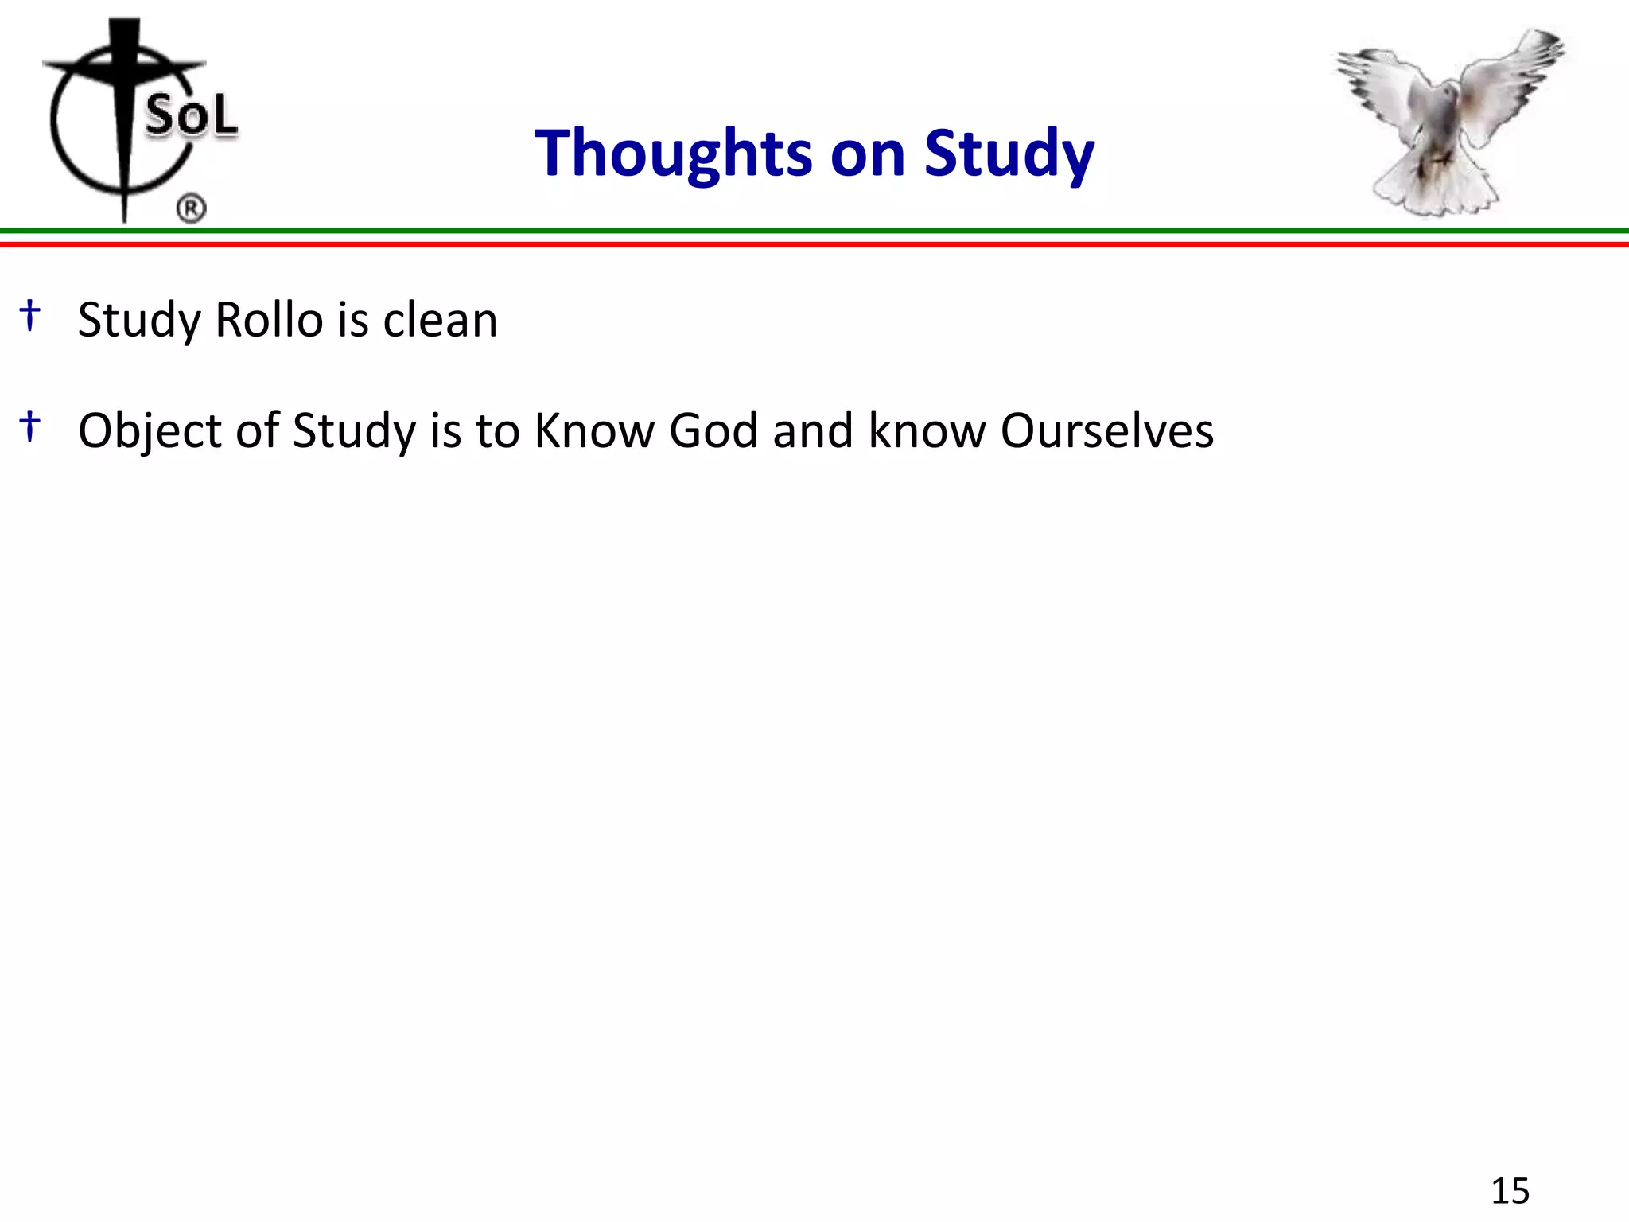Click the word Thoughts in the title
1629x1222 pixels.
tap(673, 154)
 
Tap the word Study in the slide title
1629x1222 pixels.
tap(1009, 154)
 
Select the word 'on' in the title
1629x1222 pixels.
tap(868, 154)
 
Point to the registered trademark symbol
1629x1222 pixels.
tap(191, 209)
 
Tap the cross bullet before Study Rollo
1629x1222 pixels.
tap(30, 315)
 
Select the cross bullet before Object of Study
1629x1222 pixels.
tap(30, 426)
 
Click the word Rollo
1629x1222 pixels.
tap(269, 320)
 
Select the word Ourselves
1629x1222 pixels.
tap(1106, 430)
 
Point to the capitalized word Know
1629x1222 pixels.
tap(593, 430)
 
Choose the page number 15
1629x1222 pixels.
tap(1510, 1191)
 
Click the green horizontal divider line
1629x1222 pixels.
tap(814, 232)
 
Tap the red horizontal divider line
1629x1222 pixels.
tap(814, 243)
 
